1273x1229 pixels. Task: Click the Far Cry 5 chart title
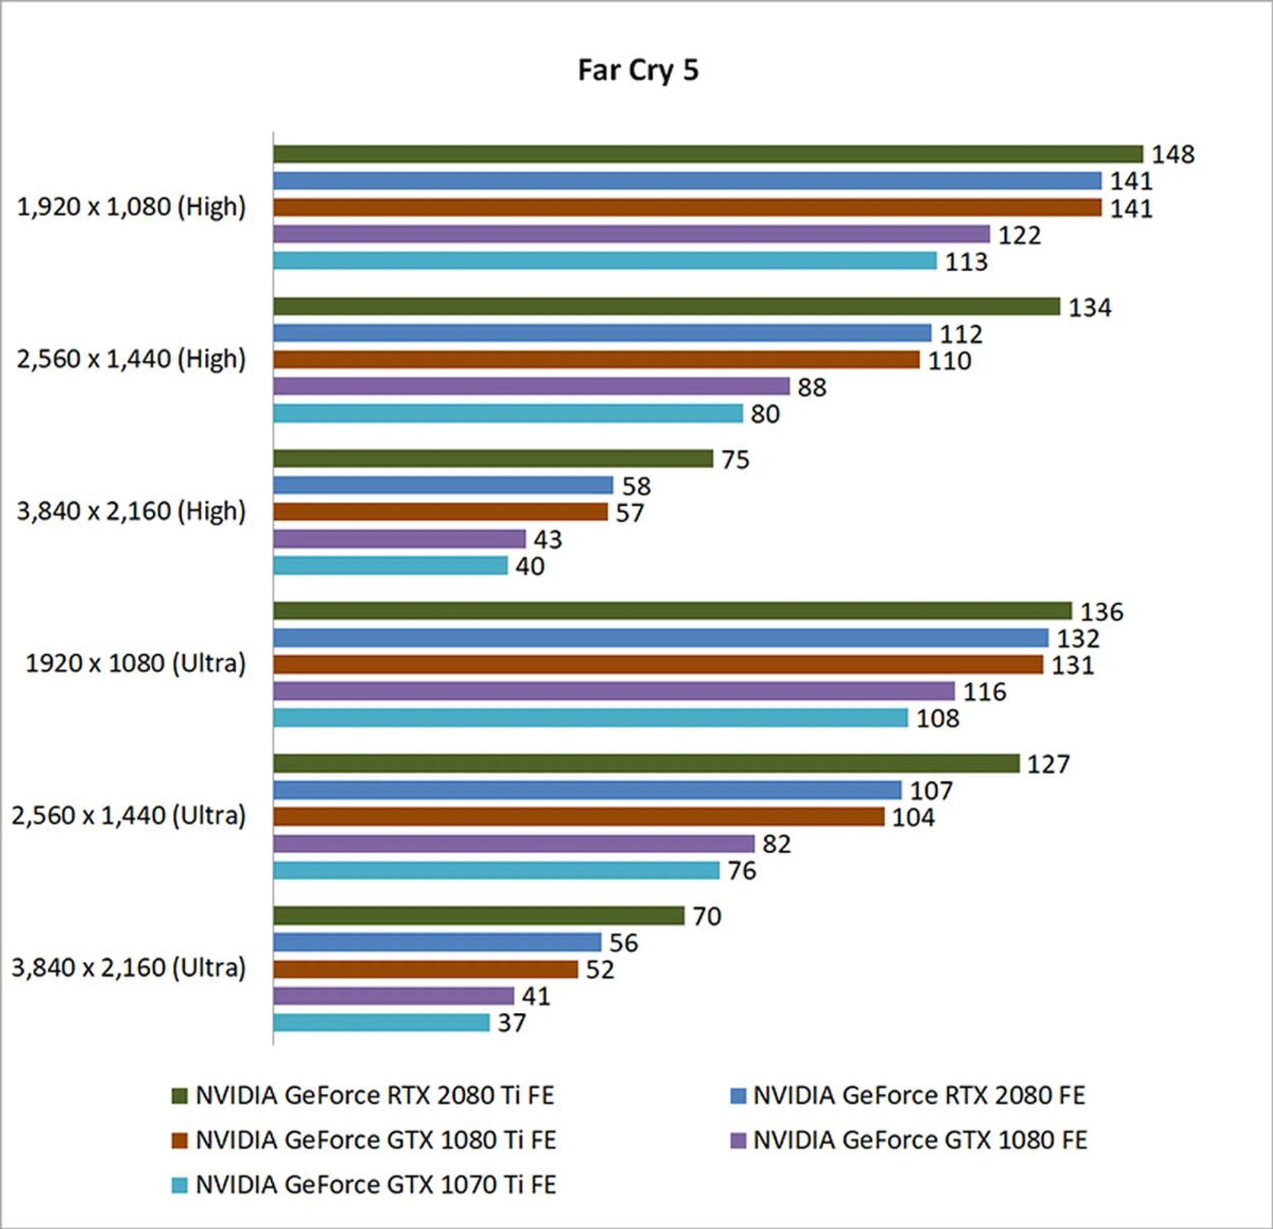[x=638, y=70]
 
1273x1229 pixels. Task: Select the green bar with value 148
[x=707, y=154]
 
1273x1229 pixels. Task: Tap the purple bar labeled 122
[x=631, y=234]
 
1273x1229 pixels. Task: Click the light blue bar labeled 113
[x=604, y=261]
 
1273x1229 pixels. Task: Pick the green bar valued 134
[x=666, y=306]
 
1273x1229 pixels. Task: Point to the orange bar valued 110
[x=595, y=359]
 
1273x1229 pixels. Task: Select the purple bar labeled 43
[x=399, y=538]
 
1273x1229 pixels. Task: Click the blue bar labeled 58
[x=442, y=485]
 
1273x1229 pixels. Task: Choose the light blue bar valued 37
[x=381, y=1022]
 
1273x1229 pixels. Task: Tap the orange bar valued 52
[x=425, y=969]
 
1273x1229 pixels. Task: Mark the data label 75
[x=735, y=459]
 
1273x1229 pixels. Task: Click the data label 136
[x=1102, y=611]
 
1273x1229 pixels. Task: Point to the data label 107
[x=931, y=790]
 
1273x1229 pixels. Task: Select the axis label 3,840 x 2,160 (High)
[x=131, y=511]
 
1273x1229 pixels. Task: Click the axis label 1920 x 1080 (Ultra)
[x=135, y=663]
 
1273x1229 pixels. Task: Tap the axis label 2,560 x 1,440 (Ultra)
[x=129, y=815]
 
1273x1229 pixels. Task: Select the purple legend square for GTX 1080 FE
[x=738, y=1140]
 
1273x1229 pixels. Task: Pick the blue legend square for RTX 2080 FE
[x=738, y=1096]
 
